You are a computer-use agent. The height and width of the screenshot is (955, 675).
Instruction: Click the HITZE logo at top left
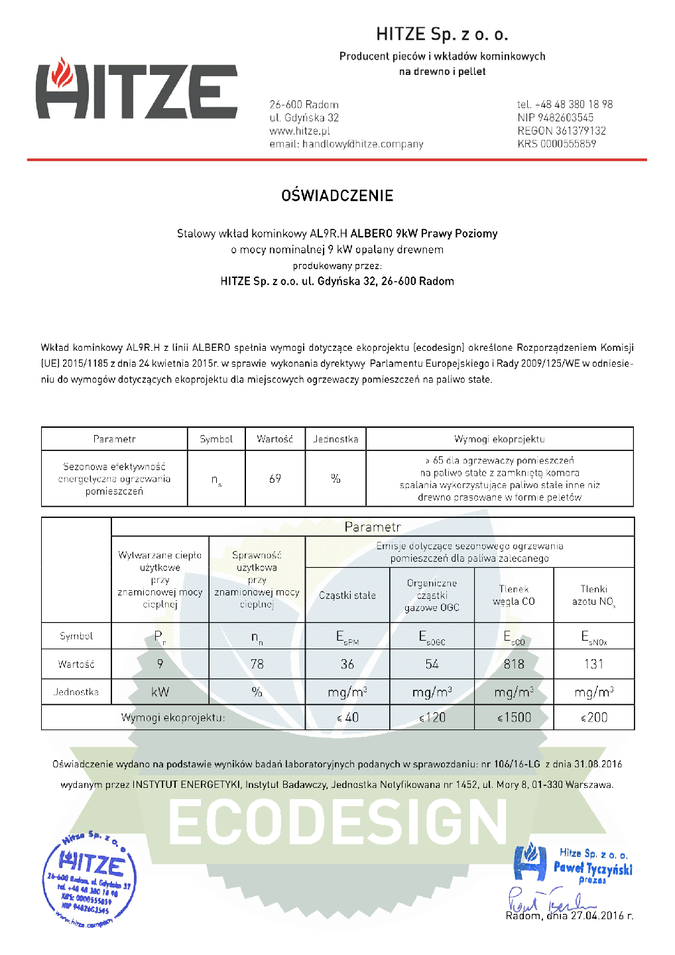click(x=136, y=90)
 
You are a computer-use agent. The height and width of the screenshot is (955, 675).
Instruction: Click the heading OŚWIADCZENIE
click(x=337, y=196)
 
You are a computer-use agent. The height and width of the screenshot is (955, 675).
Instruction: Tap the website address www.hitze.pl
click(x=300, y=131)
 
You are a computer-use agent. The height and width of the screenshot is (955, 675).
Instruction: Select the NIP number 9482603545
click(x=556, y=117)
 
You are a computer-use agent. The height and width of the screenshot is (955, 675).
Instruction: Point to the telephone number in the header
click(x=565, y=104)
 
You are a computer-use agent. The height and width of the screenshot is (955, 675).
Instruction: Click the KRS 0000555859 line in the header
click(x=557, y=144)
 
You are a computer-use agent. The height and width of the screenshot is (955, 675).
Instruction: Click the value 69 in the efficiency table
click(x=275, y=478)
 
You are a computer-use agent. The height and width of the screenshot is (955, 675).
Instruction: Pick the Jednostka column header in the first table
click(x=336, y=439)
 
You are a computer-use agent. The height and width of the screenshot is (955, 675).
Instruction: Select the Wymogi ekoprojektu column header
click(x=499, y=439)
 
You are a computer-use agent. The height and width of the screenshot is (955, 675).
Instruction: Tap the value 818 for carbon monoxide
click(x=514, y=664)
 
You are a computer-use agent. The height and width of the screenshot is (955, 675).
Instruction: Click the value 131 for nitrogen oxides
click(x=594, y=664)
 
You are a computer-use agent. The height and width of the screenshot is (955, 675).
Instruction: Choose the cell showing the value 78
click(x=257, y=664)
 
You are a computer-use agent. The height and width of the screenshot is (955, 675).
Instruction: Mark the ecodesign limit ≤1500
click(x=514, y=718)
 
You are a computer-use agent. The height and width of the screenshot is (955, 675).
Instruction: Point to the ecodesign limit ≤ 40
click(x=347, y=718)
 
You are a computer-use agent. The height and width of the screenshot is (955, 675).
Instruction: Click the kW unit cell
click(x=160, y=692)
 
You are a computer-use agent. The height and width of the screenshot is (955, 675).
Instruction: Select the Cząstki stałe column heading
click(x=347, y=596)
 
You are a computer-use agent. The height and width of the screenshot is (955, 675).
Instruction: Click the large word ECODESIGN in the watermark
click(x=337, y=822)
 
